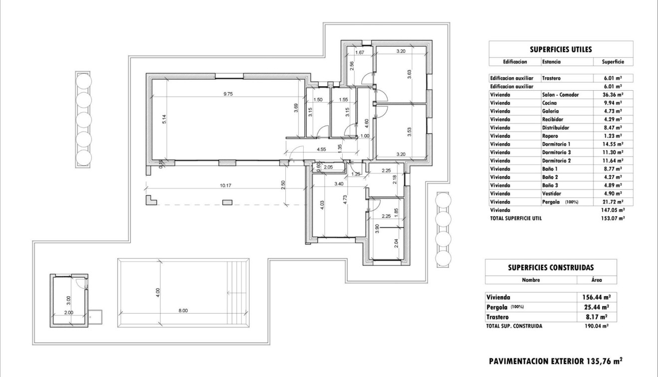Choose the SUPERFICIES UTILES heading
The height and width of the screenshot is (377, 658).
pos(560,49)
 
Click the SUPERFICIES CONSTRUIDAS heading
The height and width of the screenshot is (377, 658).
pos(550,267)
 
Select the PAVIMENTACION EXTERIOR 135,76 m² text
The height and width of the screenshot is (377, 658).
pos(555,360)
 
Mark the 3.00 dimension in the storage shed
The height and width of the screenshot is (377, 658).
pos(69,300)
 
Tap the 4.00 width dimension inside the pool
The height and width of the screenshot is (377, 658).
pos(158,291)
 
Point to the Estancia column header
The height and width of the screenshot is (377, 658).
pos(551,62)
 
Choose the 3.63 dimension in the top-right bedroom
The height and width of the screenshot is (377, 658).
pos(409,74)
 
